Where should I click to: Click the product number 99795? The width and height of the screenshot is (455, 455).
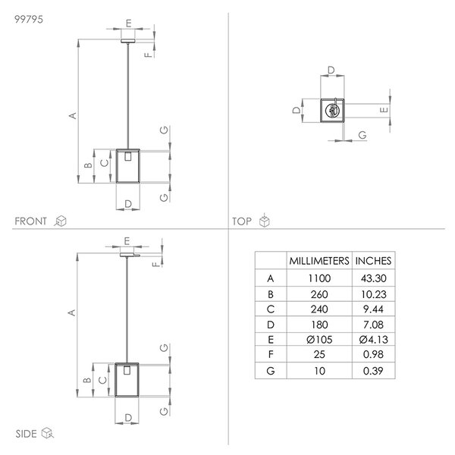29,20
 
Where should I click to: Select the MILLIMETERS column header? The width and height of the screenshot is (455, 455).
319,261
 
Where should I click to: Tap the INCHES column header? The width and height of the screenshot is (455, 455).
373,261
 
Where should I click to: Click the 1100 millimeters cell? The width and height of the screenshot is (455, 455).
319,278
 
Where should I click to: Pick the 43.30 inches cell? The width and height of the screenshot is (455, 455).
373,278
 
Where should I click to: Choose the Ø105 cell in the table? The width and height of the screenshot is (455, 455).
319,340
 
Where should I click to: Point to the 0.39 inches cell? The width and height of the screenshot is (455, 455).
373,371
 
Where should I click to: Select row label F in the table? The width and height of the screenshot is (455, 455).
271,354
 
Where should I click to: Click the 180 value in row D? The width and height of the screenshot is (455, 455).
319,325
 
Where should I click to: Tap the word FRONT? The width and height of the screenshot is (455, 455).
30,221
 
